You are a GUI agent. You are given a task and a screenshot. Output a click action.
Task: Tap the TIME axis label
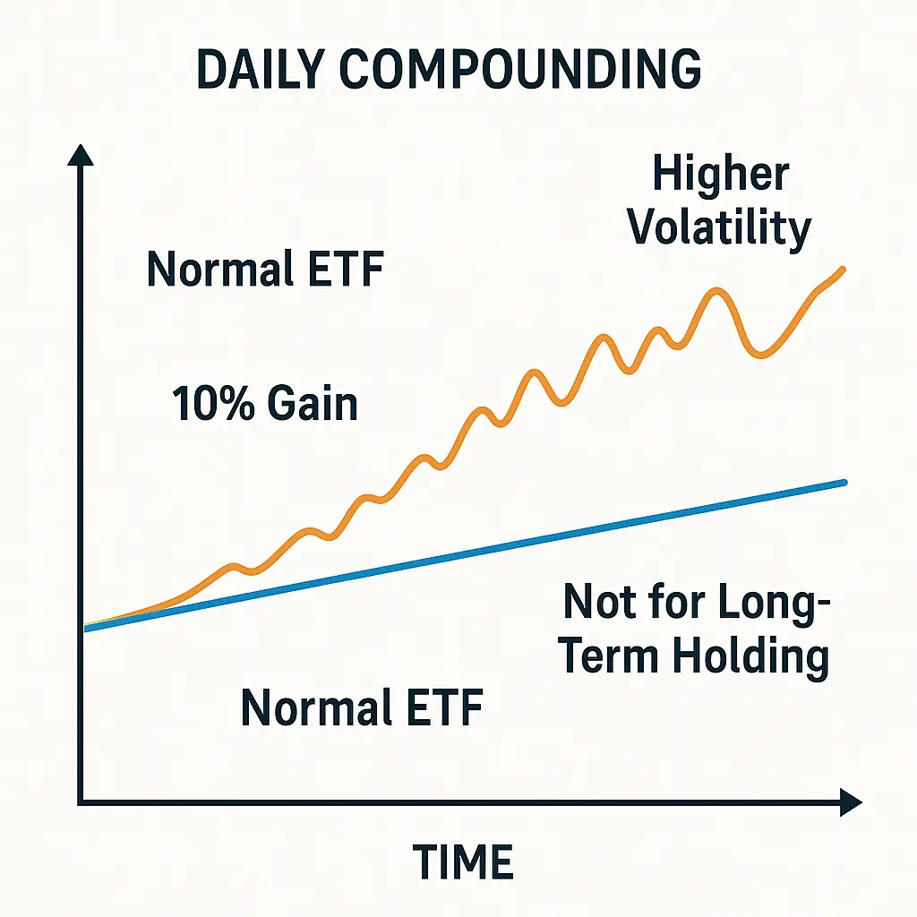pos(463,861)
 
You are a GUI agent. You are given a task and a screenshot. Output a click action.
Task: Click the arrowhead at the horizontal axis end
pos(850,801)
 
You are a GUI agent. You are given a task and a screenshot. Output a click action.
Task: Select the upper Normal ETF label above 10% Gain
pos(265,269)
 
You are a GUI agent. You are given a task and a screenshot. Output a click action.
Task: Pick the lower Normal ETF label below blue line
pos(362,708)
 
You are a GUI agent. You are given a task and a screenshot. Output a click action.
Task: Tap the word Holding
pos(750,656)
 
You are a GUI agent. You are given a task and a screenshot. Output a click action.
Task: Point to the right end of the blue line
pos(844,483)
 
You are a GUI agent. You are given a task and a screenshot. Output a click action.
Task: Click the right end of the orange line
pos(844,268)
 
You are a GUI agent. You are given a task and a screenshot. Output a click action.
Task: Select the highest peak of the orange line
pos(717,290)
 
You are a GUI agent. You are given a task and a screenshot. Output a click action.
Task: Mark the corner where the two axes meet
pos(81,801)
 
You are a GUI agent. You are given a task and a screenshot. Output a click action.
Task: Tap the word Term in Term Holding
pos(611,656)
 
